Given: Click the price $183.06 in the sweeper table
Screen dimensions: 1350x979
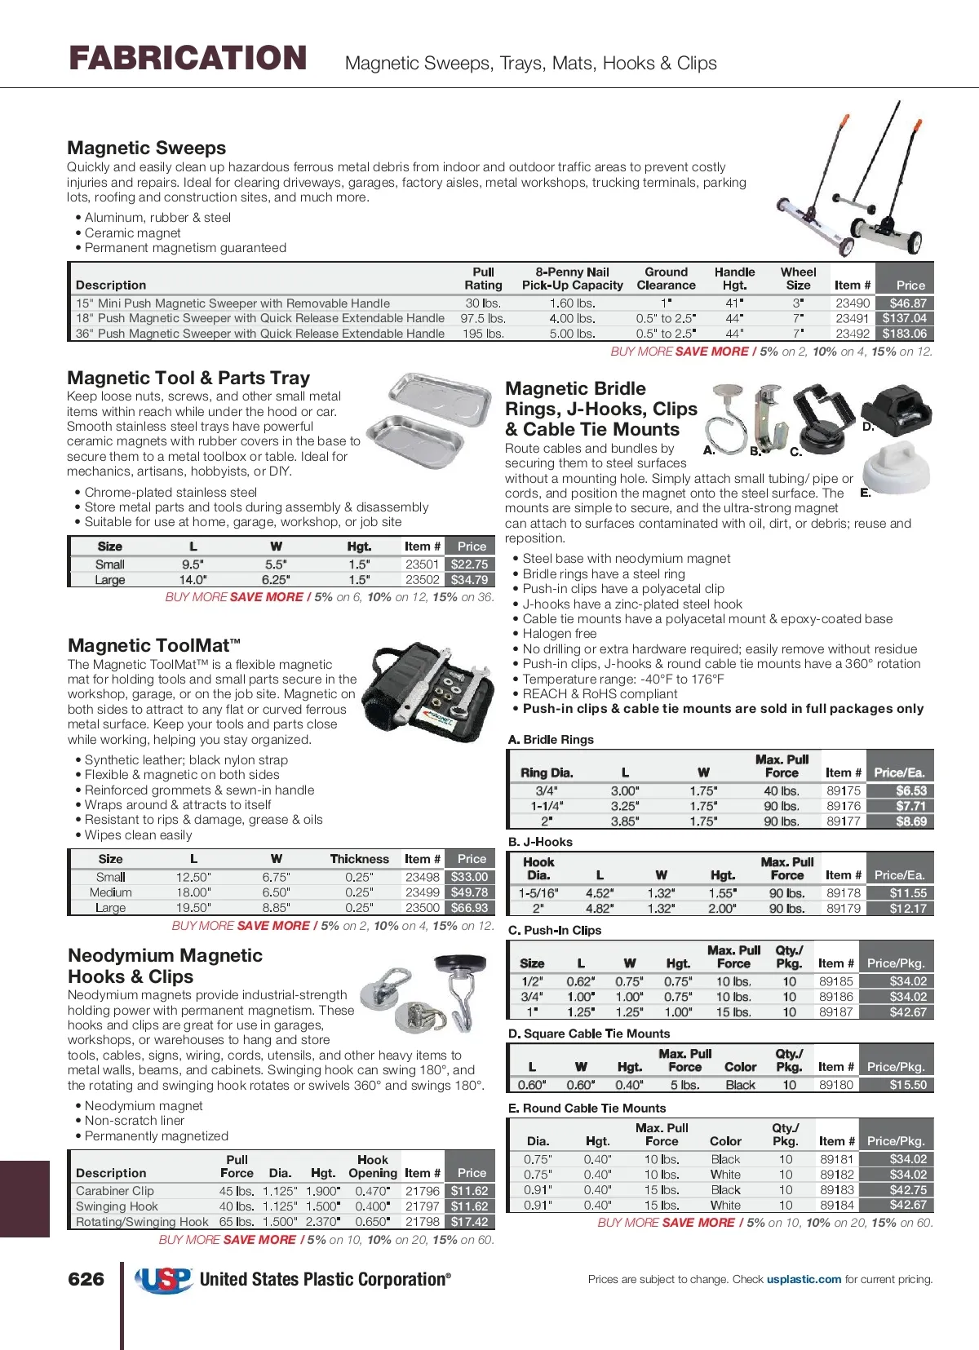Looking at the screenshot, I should (x=904, y=334).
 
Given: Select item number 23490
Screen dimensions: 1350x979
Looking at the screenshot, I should (x=853, y=303).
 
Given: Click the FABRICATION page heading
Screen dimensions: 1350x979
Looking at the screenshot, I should (x=188, y=58).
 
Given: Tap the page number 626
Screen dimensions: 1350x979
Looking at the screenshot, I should (x=86, y=1279).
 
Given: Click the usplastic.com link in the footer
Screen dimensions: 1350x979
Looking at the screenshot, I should (x=804, y=1279).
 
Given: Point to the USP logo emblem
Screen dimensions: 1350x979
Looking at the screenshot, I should (x=164, y=1280).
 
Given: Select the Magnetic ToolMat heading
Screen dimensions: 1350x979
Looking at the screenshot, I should (x=154, y=645).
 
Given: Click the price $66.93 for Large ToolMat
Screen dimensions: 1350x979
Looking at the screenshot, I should (x=469, y=907).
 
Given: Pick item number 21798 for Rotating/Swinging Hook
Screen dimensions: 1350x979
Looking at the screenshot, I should (x=423, y=1221).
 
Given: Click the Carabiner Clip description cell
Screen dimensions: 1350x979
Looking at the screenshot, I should (x=115, y=1191).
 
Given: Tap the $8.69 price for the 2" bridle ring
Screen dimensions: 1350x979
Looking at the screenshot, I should (x=911, y=821).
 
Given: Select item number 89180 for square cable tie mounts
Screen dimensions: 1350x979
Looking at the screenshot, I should (x=836, y=1085).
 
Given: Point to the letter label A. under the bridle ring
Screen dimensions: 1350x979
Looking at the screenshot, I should (x=708, y=450).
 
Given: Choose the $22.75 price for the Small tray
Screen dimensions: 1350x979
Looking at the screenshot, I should (x=469, y=564).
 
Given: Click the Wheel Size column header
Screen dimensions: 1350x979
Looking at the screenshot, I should (x=798, y=278).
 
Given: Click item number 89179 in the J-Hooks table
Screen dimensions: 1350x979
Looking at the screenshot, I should (x=844, y=908).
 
